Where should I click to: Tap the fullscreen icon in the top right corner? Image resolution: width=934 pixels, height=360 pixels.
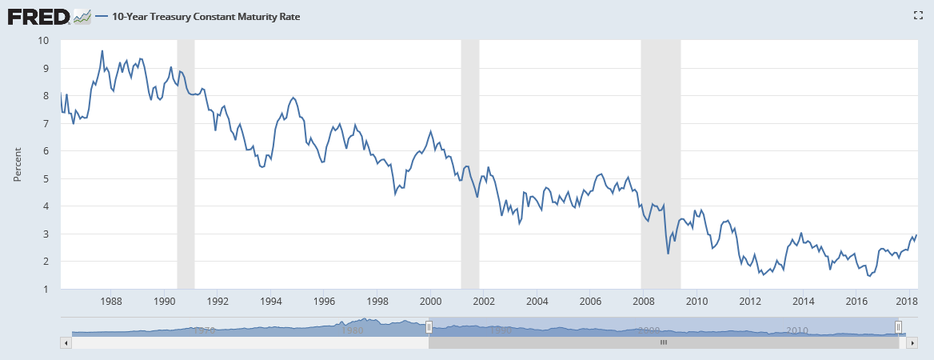918,15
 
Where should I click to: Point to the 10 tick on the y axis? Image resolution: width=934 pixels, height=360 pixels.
43,40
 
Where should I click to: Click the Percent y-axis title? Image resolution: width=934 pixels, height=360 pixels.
17,164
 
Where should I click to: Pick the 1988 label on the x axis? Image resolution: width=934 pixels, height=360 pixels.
111,301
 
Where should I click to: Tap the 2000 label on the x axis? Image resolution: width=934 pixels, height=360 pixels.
431,301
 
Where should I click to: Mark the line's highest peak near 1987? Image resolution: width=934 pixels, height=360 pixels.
102,51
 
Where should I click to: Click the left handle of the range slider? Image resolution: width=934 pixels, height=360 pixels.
429,327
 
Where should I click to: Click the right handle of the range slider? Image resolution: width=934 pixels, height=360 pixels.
898,327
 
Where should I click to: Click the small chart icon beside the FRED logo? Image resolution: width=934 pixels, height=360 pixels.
82,16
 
